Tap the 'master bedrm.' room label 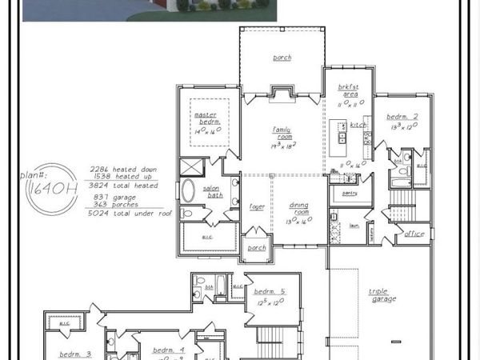click(205, 118)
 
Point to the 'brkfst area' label click(347, 93)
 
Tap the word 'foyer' click(256, 205)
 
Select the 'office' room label click(414, 234)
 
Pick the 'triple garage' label click(382, 295)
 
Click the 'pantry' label click(349, 193)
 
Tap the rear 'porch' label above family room click(282, 58)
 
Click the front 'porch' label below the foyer click(256, 247)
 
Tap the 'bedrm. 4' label click(170, 350)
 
